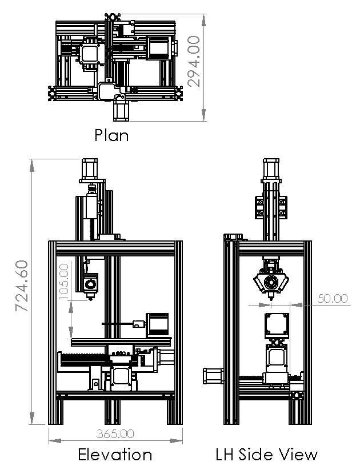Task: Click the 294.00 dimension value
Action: pos(194,62)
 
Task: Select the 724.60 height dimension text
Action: pos(22,286)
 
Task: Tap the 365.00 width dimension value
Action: pos(115,433)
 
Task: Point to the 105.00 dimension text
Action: pos(64,282)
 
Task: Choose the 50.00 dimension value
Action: pos(333,298)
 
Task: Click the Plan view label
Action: pos(111,135)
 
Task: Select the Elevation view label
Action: pos(115,455)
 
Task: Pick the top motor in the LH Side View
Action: pos(271,170)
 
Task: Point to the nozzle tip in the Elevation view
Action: pos(90,299)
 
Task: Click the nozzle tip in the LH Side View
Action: pos(271,299)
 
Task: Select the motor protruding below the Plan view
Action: pos(121,111)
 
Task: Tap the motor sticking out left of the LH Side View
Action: pos(214,376)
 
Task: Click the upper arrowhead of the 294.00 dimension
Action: pos(203,20)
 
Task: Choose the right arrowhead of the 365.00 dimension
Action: pos(177,441)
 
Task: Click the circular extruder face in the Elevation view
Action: pos(90,284)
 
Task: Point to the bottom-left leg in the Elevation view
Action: pos(56,409)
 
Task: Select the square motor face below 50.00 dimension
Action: pos(277,324)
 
